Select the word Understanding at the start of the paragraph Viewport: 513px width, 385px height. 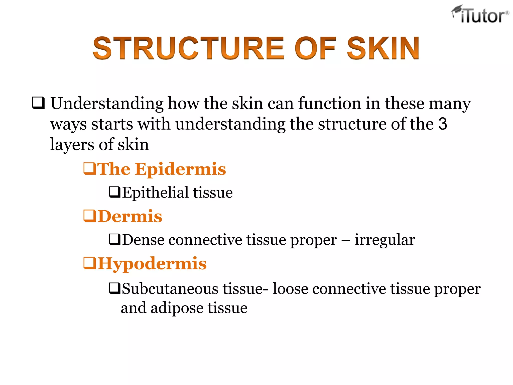[107, 104]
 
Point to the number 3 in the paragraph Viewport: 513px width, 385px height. [443, 124]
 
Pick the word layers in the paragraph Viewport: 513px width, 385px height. [72, 145]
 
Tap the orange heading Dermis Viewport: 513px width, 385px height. [130, 216]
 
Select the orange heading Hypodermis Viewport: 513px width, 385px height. [152, 264]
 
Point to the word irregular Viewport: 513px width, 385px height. [385, 240]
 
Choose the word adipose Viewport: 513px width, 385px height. [177, 308]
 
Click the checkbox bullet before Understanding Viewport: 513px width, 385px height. [39, 103]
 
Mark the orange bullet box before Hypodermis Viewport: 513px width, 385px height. [89, 263]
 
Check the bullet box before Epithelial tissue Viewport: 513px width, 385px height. [115, 192]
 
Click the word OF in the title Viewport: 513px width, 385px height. [315, 48]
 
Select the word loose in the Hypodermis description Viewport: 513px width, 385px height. [290, 288]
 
